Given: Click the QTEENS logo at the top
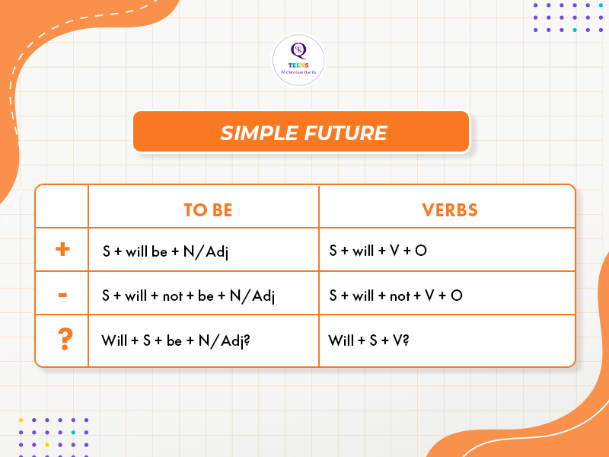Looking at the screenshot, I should click(298, 59).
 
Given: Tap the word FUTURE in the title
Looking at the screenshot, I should click(346, 133).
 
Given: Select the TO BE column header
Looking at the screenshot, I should click(208, 209).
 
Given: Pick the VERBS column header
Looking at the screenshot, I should click(450, 209).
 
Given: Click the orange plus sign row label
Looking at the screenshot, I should click(62, 249).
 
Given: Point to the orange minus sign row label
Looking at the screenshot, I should click(62, 293).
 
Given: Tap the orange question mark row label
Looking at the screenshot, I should click(63, 339).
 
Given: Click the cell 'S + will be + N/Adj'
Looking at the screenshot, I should click(165, 251).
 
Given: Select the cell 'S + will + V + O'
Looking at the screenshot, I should click(378, 250).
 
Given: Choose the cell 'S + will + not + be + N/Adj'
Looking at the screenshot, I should click(188, 296).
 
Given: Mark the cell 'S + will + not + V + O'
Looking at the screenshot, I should click(396, 296).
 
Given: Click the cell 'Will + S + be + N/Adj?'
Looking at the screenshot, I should click(176, 340).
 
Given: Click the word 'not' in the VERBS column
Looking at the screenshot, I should click(400, 296).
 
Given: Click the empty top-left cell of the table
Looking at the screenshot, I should click(62, 206).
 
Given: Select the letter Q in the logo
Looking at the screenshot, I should click(298, 51).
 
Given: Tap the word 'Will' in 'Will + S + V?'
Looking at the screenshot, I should click(341, 340).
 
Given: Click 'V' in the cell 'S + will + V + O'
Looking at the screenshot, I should click(394, 250).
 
